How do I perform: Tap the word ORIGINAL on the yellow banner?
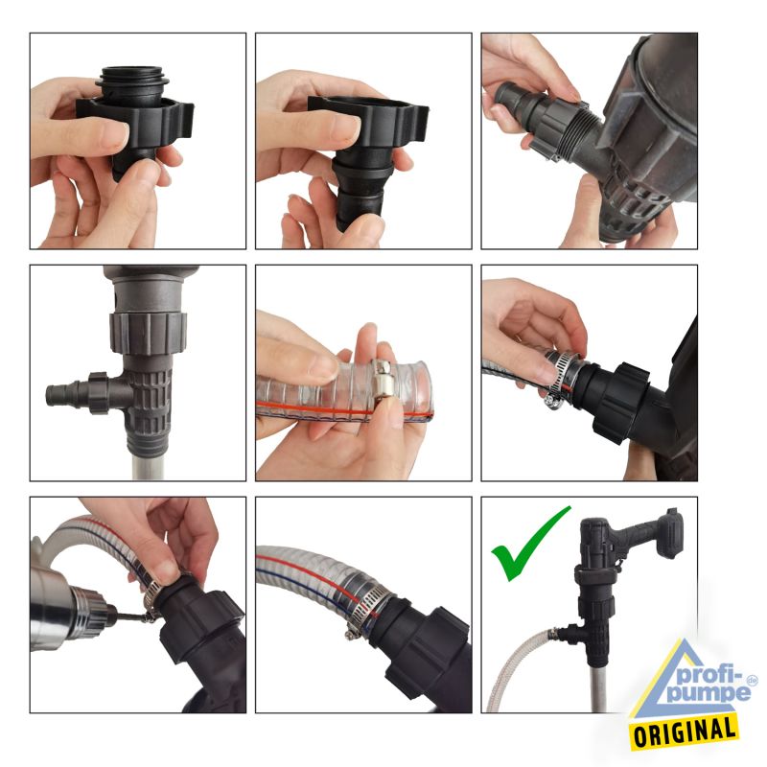685,732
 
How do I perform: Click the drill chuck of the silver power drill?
93,613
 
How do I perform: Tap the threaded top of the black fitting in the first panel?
133,81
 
